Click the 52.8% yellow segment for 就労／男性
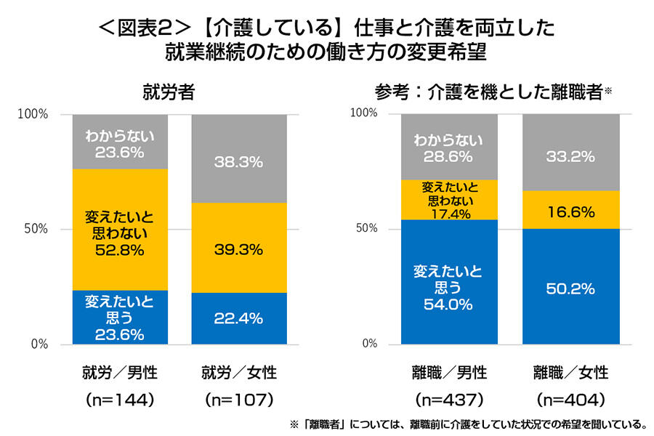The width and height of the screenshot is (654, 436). click(120, 230)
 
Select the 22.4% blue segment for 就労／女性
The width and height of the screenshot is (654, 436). click(239, 318)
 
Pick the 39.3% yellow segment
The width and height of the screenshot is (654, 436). click(239, 248)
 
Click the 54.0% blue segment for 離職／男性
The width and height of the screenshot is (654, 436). click(448, 282)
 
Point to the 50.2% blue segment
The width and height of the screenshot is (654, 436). click(570, 286)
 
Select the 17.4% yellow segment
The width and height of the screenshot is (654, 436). click(448, 199)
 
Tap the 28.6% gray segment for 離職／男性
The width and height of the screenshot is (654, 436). click(448, 147)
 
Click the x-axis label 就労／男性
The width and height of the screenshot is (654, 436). click(120, 373)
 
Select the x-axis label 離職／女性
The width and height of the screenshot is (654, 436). click(570, 373)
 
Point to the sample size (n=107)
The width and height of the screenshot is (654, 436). click(239, 399)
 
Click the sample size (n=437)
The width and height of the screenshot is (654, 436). click(448, 399)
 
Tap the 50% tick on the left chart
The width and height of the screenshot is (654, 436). click(34, 229)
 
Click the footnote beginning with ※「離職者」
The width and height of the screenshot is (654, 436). click(469, 424)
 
